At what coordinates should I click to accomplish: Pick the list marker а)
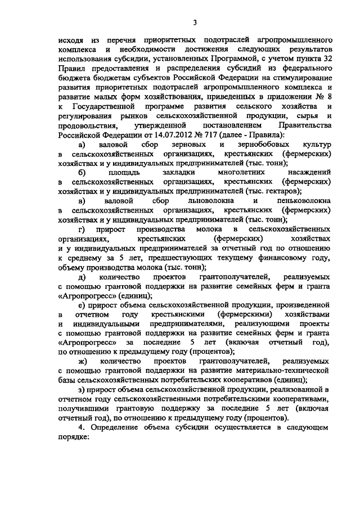click(82, 145)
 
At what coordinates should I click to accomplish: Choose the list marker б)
click(82, 173)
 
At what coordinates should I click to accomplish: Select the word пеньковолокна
click(304, 201)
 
